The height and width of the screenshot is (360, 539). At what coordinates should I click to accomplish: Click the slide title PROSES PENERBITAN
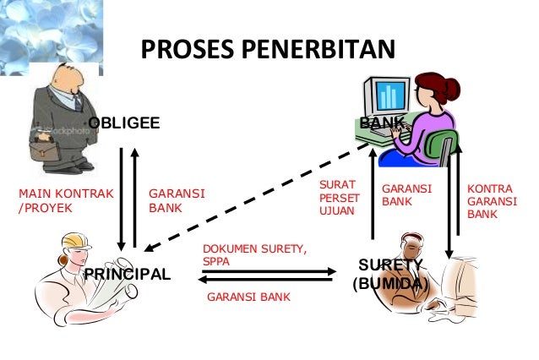tap(267, 50)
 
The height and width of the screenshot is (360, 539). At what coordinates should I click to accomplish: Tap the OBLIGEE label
tap(124, 124)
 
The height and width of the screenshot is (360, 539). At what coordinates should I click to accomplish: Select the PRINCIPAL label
tap(128, 275)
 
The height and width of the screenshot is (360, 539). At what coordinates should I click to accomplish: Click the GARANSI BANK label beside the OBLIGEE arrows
tap(177, 200)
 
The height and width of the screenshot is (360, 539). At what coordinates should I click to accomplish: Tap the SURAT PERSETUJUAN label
tap(339, 197)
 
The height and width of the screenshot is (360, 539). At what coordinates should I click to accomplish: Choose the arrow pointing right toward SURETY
tap(270, 270)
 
